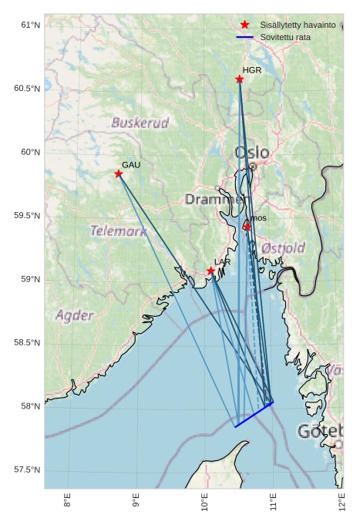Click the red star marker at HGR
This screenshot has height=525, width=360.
240,79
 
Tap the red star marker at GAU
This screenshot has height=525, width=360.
119,173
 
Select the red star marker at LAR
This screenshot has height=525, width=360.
211,271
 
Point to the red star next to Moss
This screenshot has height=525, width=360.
247,227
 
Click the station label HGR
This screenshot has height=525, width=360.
252,70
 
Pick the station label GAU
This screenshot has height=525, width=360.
131,165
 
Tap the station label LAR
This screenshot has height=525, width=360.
222,262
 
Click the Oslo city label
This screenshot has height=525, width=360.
252,153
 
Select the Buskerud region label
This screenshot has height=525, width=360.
140,123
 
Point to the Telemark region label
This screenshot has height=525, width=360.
118,231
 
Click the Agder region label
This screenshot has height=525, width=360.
74,315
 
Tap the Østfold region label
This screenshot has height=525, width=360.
283,248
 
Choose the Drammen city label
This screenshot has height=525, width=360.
215,200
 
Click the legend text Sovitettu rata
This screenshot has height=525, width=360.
285,37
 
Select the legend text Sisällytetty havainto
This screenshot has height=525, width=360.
298,25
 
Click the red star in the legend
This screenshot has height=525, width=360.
245,25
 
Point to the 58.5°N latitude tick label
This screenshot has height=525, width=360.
26,343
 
